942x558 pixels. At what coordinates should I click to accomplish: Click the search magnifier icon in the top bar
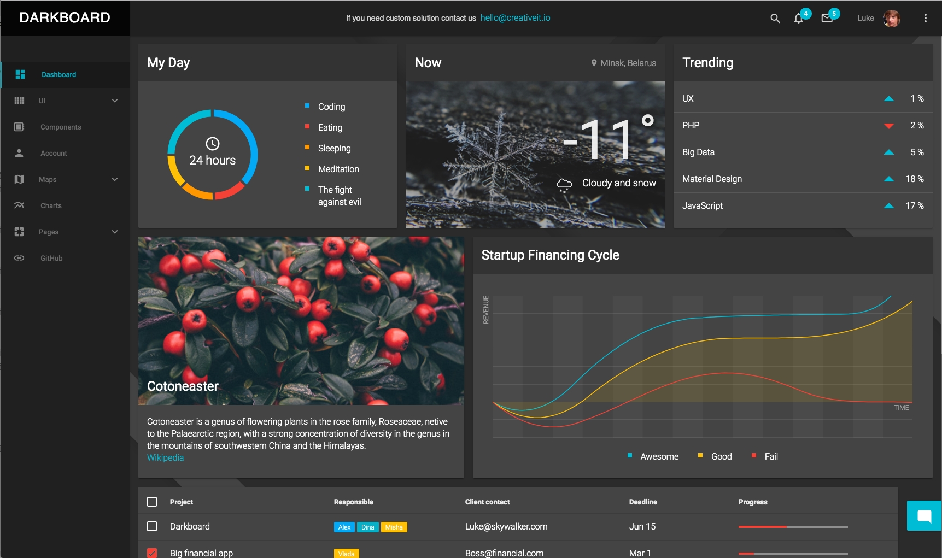tap(775, 18)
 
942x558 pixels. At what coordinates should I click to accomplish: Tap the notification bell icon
tap(798, 19)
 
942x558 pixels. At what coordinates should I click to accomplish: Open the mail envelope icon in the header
tap(827, 19)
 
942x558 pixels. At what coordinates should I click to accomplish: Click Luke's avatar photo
tap(891, 18)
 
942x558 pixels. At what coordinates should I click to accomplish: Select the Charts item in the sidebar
tap(51, 205)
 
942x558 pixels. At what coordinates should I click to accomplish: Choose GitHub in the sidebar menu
tap(51, 258)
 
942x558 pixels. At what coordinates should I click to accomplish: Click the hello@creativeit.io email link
tap(515, 18)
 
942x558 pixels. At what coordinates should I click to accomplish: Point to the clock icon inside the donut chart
tap(213, 143)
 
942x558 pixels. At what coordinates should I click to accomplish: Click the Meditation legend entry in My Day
tap(338, 169)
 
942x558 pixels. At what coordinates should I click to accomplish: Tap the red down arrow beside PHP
tap(889, 126)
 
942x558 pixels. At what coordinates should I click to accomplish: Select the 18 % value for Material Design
tap(914, 179)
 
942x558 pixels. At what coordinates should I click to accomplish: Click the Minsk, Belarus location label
tap(628, 63)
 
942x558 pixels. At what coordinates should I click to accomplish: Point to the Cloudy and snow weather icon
tap(564, 184)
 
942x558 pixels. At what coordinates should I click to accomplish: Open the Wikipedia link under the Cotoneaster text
tap(165, 458)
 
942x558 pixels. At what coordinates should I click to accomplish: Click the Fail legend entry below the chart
tap(771, 456)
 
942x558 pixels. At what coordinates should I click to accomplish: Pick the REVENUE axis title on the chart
tap(485, 310)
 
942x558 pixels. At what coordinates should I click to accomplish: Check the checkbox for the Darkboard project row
tap(152, 526)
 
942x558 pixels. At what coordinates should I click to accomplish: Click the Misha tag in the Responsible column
tap(394, 527)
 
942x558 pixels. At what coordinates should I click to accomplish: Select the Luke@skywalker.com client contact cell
tap(506, 526)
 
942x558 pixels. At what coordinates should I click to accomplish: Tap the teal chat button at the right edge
tap(924, 515)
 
